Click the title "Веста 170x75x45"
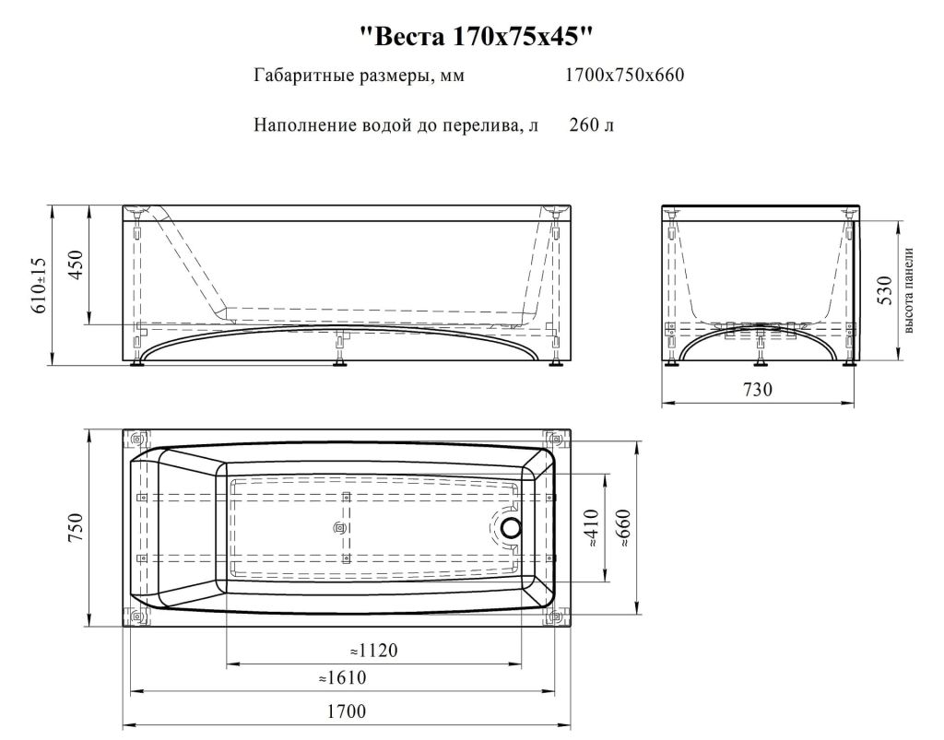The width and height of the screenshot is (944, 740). point(475,38)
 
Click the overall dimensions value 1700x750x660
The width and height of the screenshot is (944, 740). point(624,76)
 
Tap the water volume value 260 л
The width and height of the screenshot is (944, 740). point(591,124)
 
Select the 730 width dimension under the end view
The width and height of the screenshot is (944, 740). point(757,390)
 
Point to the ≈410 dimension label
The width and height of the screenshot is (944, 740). point(591,529)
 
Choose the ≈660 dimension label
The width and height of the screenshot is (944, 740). point(625,529)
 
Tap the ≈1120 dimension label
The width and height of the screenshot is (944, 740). point(373,651)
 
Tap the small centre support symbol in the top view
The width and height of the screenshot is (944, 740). point(337,528)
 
